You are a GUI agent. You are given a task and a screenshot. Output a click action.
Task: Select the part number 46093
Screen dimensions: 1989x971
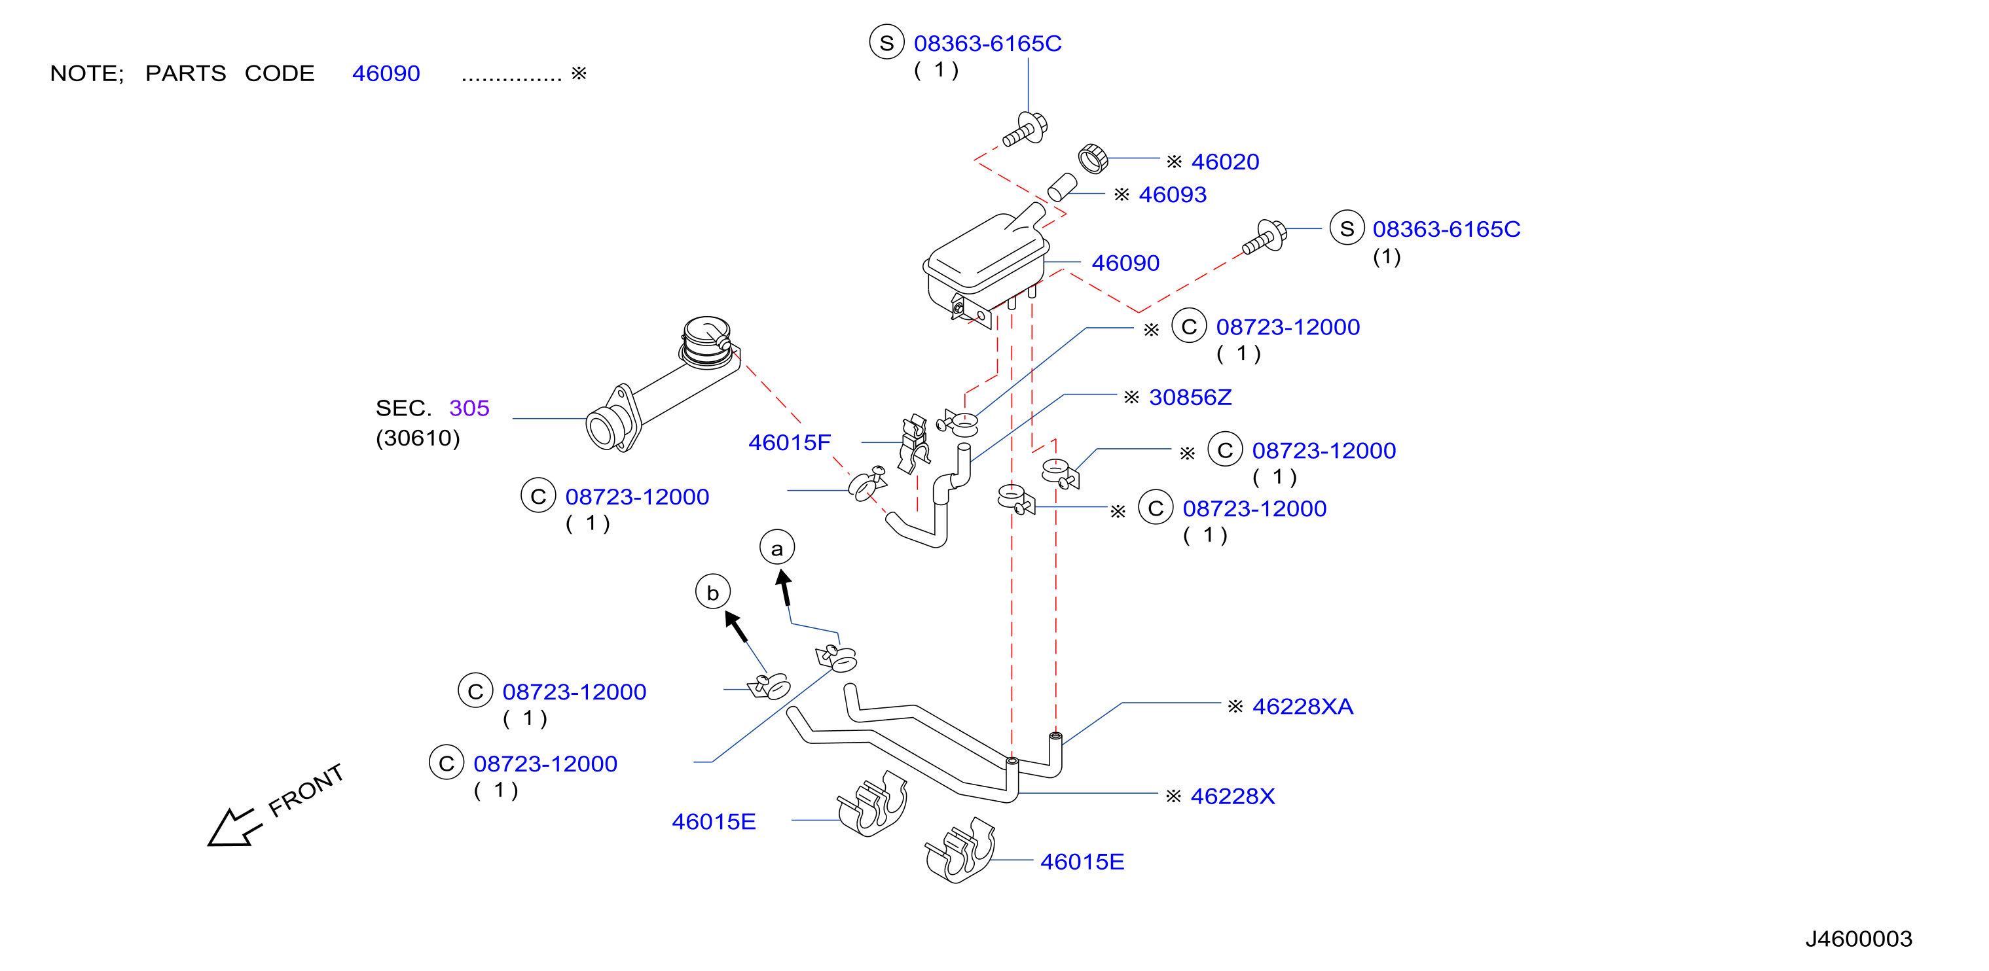pyautogui.click(x=1172, y=194)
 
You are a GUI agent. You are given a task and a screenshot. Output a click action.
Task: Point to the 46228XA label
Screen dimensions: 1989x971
pyautogui.click(x=1303, y=706)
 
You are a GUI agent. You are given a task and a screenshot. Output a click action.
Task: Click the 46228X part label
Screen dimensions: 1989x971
pyautogui.click(x=1232, y=796)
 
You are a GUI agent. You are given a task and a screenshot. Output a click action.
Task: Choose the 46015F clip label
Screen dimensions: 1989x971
pyautogui.click(x=789, y=442)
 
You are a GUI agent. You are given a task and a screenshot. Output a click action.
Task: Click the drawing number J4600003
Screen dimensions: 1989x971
pyautogui.click(x=1859, y=938)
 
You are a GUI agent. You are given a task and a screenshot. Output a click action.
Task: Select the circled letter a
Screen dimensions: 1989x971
pyautogui.click(x=776, y=548)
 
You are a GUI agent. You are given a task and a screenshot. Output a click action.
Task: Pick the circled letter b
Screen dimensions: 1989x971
pyautogui.click(x=713, y=592)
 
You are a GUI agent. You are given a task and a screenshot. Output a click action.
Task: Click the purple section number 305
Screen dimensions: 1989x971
pyautogui.click(x=469, y=408)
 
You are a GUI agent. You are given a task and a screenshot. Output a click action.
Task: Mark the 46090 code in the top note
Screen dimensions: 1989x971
pyautogui.click(x=386, y=73)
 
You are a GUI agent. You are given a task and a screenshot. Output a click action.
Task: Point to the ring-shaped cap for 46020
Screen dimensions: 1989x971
pyautogui.click(x=1093, y=158)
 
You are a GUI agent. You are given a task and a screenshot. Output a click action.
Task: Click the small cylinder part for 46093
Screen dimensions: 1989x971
pyautogui.click(x=1063, y=186)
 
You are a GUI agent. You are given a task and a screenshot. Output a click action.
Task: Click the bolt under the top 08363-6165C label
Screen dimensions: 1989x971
pyautogui.click(x=1025, y=130)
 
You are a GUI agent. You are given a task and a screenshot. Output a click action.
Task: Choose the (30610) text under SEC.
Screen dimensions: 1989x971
pyautogui.click(x=418, y=438)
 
